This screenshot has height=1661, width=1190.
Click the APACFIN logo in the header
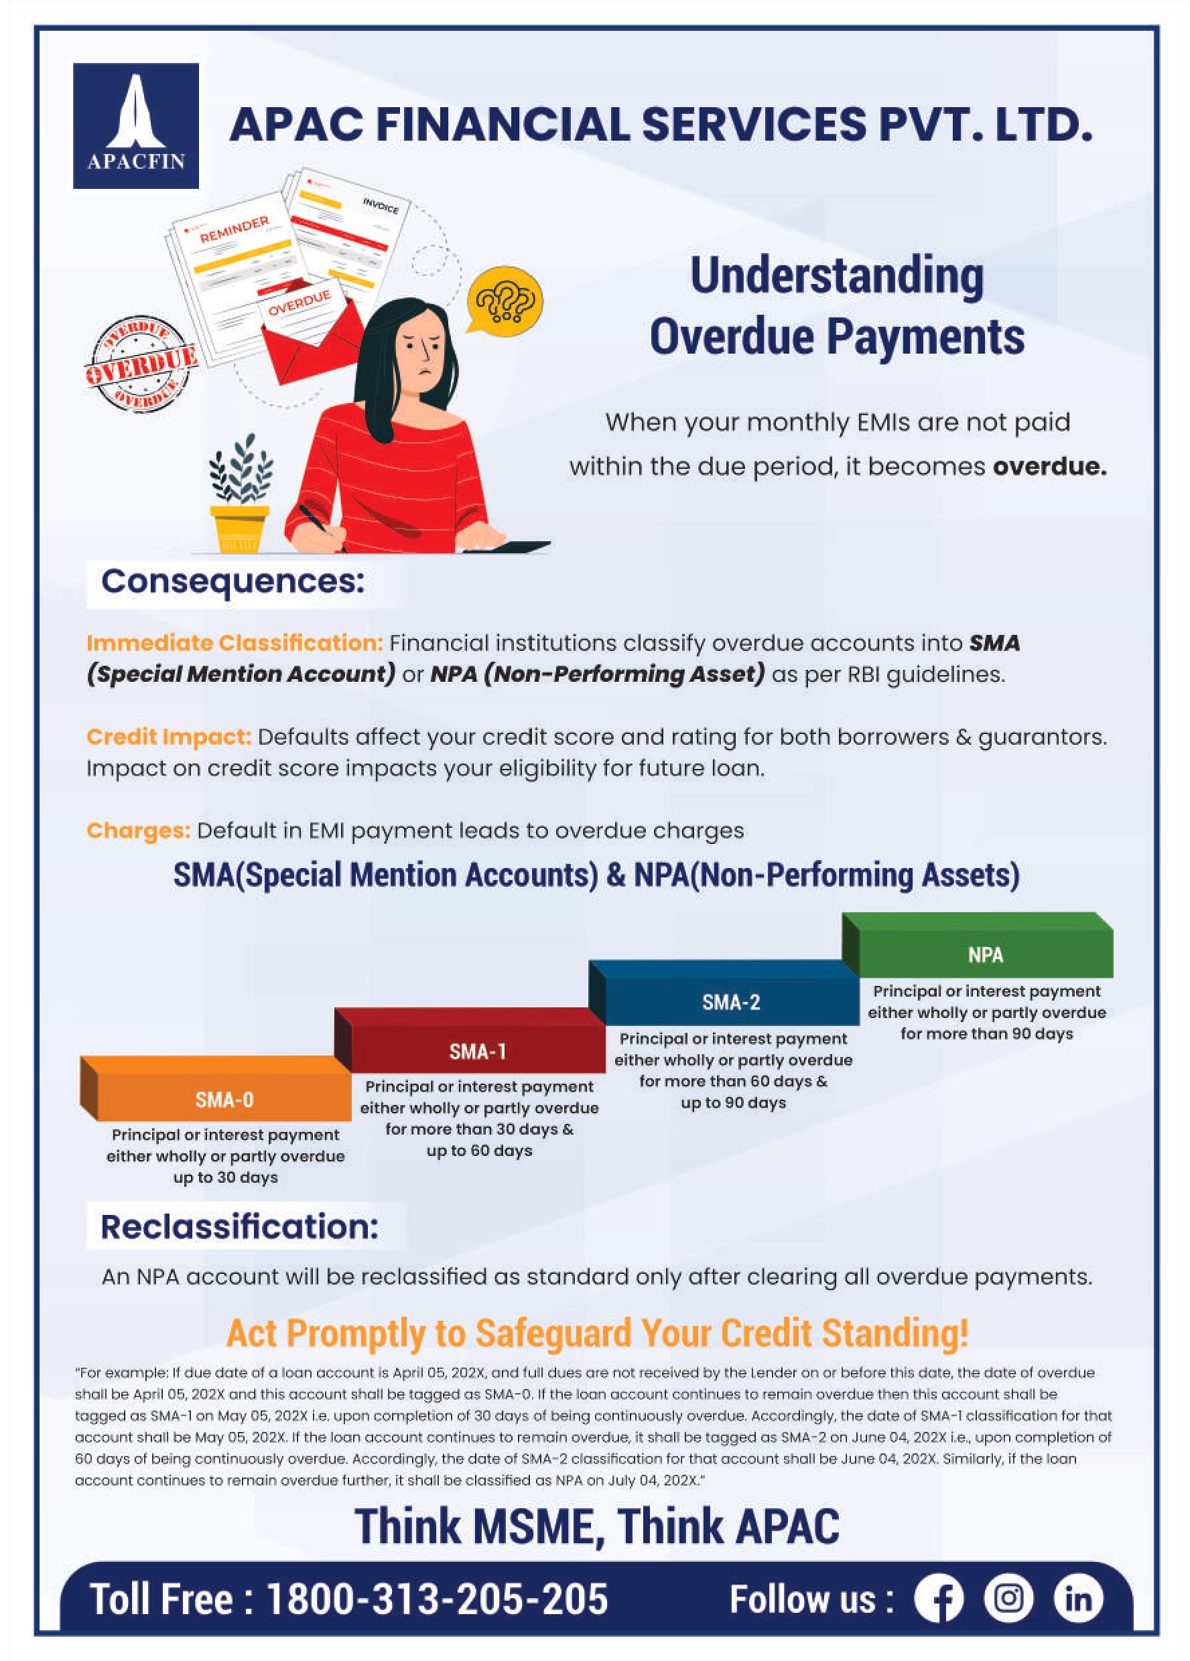[x=135, y=125]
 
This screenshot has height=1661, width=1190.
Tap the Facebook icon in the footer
[x=939, y=1599]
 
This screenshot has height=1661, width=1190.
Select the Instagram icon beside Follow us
[x=1008, y=1599]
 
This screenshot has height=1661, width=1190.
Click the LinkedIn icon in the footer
[x=1078, y=1599]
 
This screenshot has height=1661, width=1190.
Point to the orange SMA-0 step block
[x=216, y=1088]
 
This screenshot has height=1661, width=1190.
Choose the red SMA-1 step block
[x=470, y=1041]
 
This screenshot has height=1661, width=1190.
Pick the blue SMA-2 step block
[x=724, y=993]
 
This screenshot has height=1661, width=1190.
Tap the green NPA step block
[x=978, y=945]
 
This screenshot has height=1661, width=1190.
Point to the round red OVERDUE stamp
[x=140, y=364]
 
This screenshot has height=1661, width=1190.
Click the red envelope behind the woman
[x=312, y=344]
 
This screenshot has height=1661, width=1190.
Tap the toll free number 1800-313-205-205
[x=437, y=1599]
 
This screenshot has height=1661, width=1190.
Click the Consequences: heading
[x=233, y=581]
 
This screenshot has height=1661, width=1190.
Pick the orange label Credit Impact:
[x=170, y=737]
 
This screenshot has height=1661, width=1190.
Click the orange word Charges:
[x=139, y=830]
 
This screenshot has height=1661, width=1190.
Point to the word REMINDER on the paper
[x=235, y=229]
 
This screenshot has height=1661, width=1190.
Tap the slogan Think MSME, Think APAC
[x=597, y=1527]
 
